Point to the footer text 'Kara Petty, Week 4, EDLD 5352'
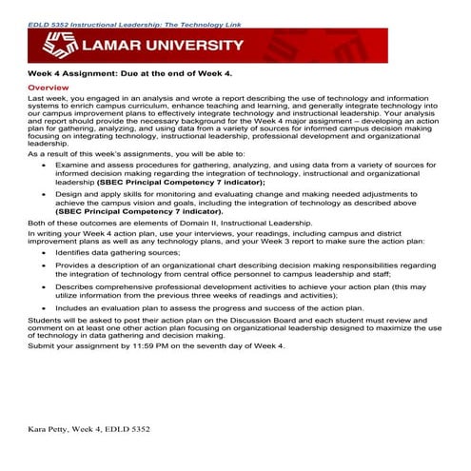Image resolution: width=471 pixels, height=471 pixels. pyautogui.click(x=88, y=430)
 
